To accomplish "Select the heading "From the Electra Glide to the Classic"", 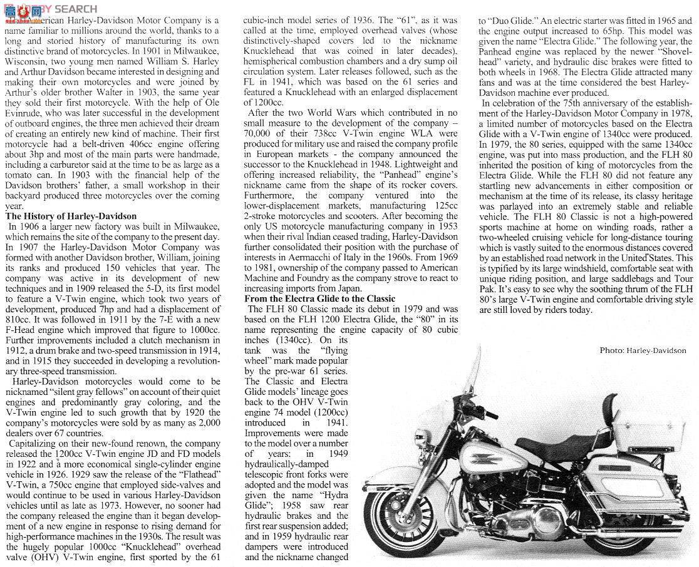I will pos(319,299).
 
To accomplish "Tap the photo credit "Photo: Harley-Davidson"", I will pos(642,350).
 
